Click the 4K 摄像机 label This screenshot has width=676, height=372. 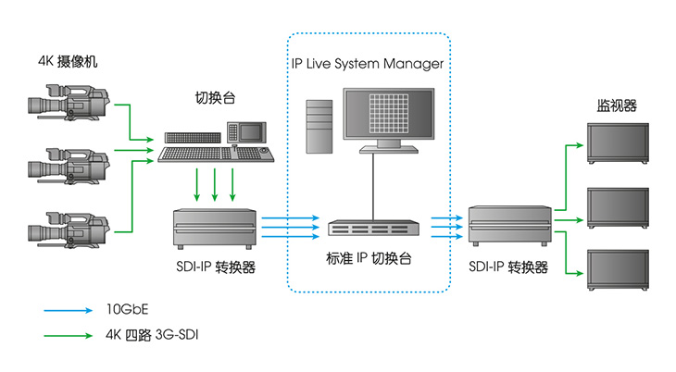(68, 61)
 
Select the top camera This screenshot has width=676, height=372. (69, 102)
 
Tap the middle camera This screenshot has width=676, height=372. (69, 167)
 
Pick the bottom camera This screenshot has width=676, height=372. (69, 229)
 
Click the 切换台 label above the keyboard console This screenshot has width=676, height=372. (215, 98)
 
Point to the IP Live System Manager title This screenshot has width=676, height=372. (368, 64)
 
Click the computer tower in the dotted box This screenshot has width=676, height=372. (319, 127)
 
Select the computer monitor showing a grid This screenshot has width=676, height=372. (389, 120)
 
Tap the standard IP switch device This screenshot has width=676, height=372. (373, 228)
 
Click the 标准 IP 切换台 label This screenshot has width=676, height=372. (369, 258)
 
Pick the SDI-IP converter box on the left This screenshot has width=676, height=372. (215, 229)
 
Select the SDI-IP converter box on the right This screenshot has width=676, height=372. (510, 226)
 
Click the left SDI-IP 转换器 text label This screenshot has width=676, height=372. (216, 267)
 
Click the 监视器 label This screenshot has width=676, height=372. (617, 105)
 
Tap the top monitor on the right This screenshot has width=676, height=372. (619, 143)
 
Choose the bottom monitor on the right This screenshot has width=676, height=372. (619, 270)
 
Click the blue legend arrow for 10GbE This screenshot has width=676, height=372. (69, 310)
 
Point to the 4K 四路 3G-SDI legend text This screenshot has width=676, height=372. (152, 335)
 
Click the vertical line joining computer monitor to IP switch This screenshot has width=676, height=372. (373, 187)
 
